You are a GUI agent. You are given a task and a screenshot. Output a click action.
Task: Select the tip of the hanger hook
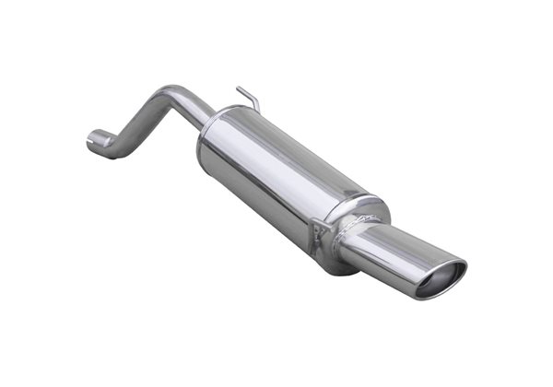[238, 89]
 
